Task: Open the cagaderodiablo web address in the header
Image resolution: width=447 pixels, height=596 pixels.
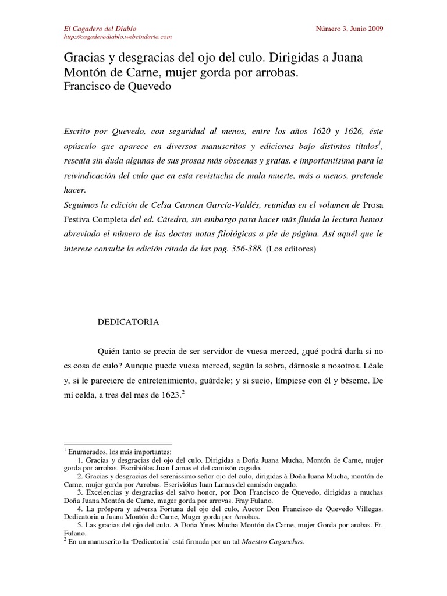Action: point(116,37)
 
